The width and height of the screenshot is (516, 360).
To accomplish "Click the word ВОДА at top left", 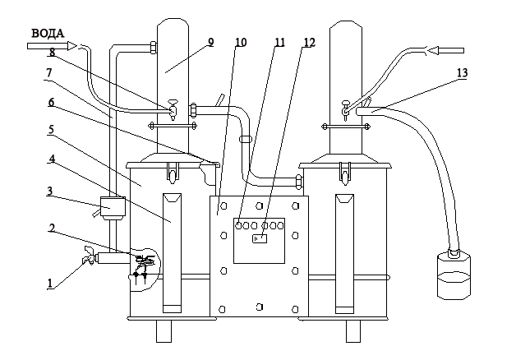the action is pyautogui.click(x=48, y=34).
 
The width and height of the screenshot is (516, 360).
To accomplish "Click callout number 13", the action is pyautogui.click(x=463, y=72).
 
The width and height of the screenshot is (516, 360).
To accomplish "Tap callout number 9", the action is pyautogui.click(x=211, y=42).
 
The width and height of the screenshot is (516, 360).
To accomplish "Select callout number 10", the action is pyautogui.click(x=241, y=42).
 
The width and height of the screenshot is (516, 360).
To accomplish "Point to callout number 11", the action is pyautogui.click(x=279, y=42).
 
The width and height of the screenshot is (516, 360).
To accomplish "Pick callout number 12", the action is pyautogui.click(x=309, y=42).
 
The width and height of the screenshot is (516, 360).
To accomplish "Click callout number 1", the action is pyautogui.click(x=49, y=284).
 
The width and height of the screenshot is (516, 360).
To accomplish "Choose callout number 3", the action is pyautogui.click(x=49, y=191).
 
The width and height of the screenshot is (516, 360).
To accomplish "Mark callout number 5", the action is pyautogui.click(x=51, y=130).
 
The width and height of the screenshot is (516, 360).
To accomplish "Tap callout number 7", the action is pyautogui.click(x=49, y=73).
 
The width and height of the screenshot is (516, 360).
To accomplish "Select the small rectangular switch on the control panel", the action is pyautogui.click(x=260, y=238).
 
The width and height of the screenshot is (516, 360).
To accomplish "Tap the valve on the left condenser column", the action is pyautogui.click(x=173, y=109).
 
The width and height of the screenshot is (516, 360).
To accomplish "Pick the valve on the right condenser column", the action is pyautogui.click(x=345, y=110).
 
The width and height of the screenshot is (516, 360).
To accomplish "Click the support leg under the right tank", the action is pyautogui.click(x=353, y=331).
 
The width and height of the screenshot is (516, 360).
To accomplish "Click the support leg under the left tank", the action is pyautogui.click(x=164, y=331).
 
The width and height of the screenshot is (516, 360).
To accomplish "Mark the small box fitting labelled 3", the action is pyautogui.click(x=113, y=208).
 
